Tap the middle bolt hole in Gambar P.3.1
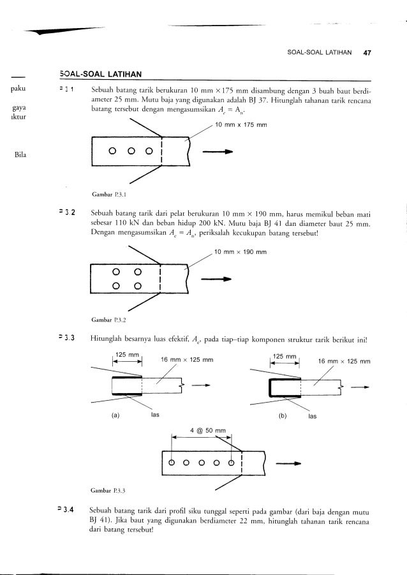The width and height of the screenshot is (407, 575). pos(129,152)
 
